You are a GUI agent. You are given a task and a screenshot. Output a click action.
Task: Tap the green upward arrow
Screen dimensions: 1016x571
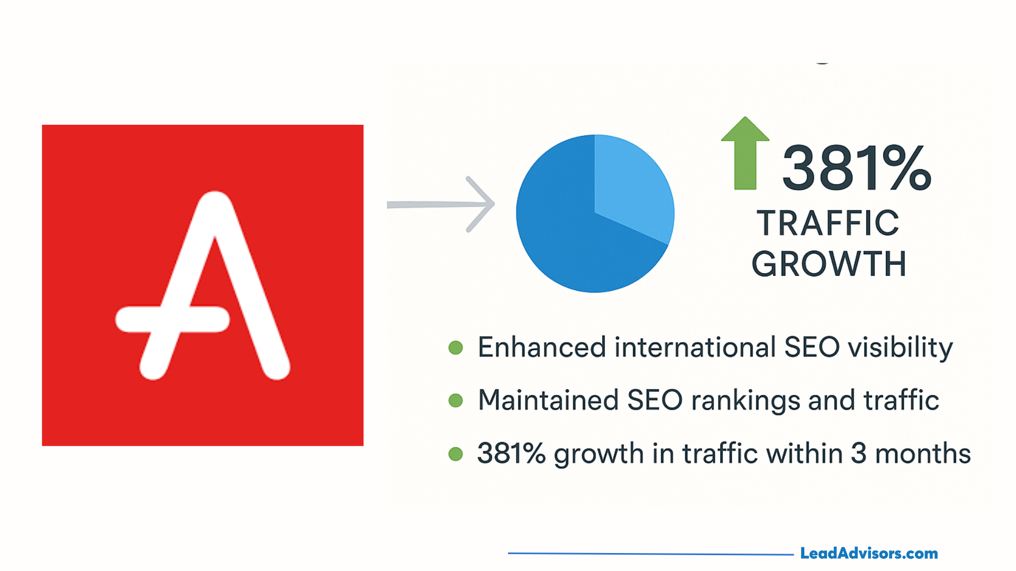pos(745,153)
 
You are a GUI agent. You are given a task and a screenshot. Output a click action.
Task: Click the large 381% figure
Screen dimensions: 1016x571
pos(856,168)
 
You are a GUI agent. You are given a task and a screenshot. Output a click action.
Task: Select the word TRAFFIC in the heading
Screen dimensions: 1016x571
pos(828,223)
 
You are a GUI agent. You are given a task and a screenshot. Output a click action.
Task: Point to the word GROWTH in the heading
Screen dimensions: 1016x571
pos(829,264)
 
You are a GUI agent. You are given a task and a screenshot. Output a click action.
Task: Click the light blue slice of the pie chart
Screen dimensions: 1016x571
pos(632,185)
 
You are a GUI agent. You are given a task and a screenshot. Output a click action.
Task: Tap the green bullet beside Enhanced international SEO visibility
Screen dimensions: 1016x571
pos(456,347)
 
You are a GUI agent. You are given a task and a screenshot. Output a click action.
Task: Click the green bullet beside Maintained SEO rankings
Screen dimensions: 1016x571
pos(456,400)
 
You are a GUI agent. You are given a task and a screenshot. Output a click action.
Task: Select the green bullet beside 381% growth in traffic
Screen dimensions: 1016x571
pos(456,454)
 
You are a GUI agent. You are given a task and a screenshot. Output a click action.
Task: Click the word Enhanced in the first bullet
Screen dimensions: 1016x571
pos(542,347)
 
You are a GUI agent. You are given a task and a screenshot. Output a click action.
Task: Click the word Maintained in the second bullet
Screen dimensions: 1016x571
pos(548,400)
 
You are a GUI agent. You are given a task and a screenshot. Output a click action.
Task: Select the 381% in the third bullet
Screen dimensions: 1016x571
pos(511,454)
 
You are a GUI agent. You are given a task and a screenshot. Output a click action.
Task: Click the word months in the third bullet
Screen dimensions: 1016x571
pos(923,454)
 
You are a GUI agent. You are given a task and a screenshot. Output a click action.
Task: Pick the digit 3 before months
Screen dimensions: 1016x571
pos(859,454)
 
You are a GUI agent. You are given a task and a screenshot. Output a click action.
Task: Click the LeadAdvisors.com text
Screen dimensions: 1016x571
pos(869,554)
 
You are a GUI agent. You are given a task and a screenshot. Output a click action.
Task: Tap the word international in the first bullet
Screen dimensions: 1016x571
pos(695,347)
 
